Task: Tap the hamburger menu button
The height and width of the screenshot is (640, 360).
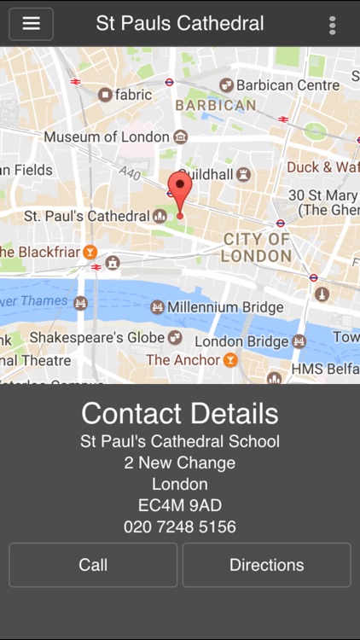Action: click(x=32, y=24)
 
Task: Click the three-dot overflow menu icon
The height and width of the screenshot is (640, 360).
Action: click(x=332, y=25)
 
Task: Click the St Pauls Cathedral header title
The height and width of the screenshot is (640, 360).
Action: click(x=180, y=24)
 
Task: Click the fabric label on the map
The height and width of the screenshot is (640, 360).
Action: click(x=133, y=95)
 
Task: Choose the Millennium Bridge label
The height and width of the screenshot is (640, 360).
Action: click(x=225, y=307)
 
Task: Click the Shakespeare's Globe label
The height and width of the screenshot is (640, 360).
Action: click(x=97, y=338)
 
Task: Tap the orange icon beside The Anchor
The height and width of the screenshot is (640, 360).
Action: click(x=229, y=360)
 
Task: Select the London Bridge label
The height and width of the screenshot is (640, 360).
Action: click(x=241, y=341)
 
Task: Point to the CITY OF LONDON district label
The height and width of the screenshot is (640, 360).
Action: click(x=256, y=247)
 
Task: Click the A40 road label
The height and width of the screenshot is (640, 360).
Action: click(x=130, y=174)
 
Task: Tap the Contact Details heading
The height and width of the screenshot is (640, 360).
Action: click(x=180, y=413)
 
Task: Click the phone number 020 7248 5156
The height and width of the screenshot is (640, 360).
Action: click(x=180, y=527)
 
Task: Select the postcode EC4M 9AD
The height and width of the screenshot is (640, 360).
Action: click(x=180, y=505)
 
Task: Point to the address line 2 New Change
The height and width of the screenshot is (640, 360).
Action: click(x=180, y=463)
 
